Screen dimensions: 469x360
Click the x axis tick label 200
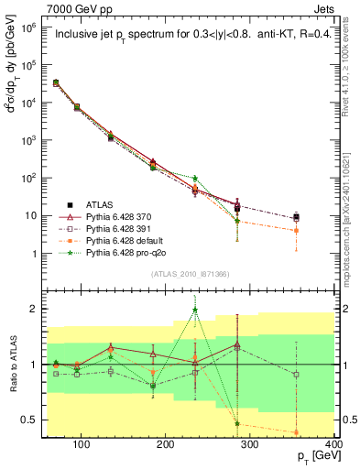166,446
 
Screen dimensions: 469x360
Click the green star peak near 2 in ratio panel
221,310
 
